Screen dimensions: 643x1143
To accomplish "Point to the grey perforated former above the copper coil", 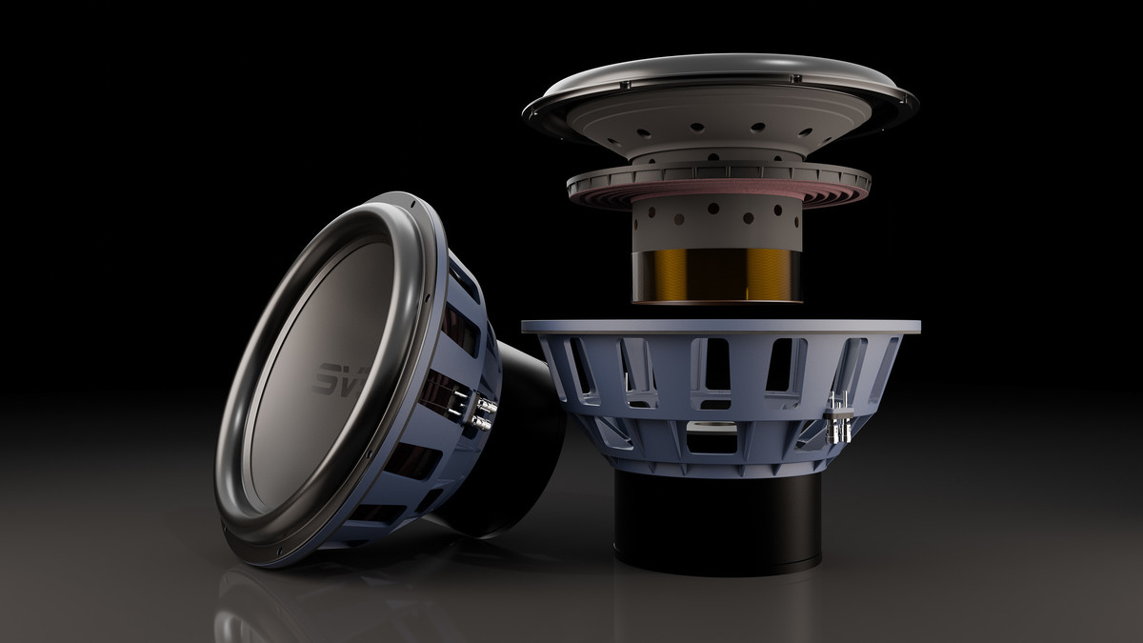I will pyautogui.click(x=714, y=224).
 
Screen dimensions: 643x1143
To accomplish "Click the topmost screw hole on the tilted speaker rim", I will pyautogui.click(x=410, y=203).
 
